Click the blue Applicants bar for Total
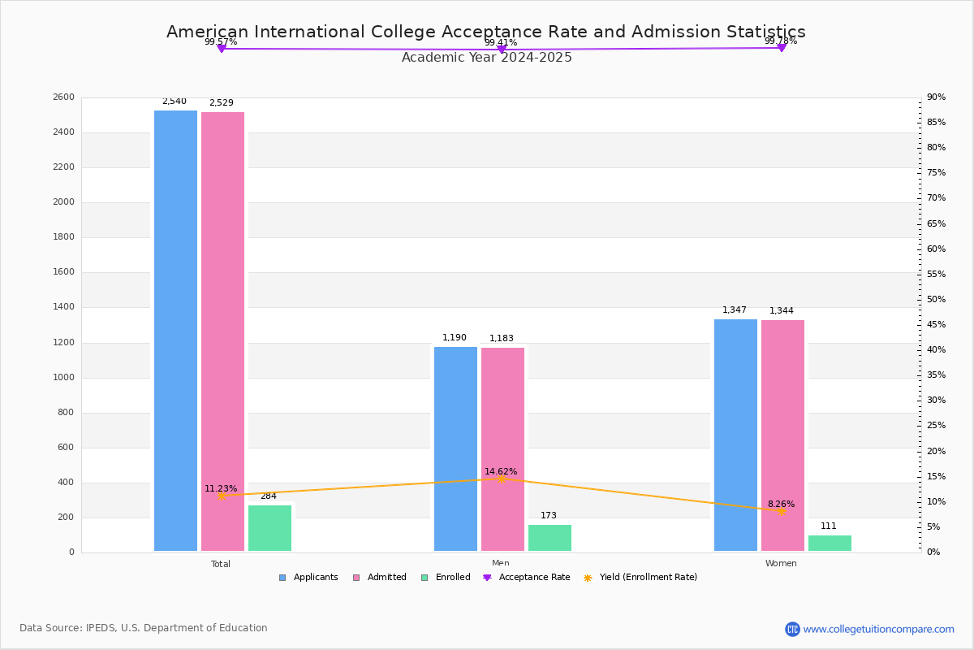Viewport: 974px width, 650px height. tap(175, 331)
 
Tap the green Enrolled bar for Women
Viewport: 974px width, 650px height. tap(830, 544)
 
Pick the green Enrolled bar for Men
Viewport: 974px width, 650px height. tap(549, 538)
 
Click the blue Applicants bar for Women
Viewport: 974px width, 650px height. tap(735, 435)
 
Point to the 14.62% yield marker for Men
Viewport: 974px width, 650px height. tap(501, 479)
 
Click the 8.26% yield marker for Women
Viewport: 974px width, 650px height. tap(781, 511)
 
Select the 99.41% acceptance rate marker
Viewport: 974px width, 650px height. tap(501, 50)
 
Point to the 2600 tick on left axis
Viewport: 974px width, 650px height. tap(63, 97)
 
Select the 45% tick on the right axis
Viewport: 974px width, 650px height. tap(937, 325)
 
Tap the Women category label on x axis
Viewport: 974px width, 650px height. tap(781, 564)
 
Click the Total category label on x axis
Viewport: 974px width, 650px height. tap(221, 564)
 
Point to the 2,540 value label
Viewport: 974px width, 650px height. tap(175, 102)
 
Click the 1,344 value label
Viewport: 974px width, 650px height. tap(782, 311)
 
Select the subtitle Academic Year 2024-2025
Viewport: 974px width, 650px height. tap(487, 58)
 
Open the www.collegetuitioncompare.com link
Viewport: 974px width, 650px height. tap(878, 629)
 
